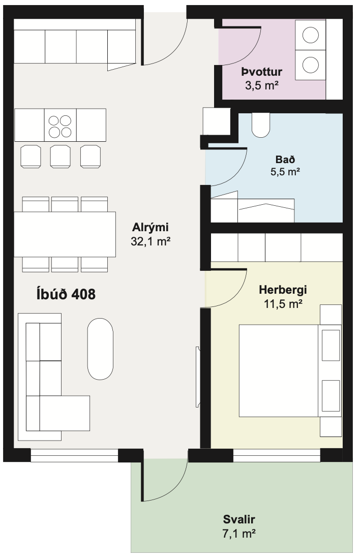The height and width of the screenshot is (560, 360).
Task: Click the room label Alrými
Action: click(x=150, y=227)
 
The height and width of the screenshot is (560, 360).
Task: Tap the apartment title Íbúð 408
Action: click(x=66, y=294)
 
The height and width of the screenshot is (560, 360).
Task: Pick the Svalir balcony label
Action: click(x=239, y=519)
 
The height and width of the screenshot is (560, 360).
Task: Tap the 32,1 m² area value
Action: click(x=150, y=242)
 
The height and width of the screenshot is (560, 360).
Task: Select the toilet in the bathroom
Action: click(x=262, y=125)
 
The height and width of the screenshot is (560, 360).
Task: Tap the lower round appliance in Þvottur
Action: click(x=311, y=65)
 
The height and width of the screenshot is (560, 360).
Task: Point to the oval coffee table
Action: click(x=100, y=349)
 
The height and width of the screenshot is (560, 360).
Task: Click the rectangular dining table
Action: click(x=65, y=234)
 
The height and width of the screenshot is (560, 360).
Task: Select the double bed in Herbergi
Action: click(x=279, y=370)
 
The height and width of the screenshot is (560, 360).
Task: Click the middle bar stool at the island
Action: click(x=60, y=156)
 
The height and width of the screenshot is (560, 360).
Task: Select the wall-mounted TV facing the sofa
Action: click(x=197, y=377)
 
